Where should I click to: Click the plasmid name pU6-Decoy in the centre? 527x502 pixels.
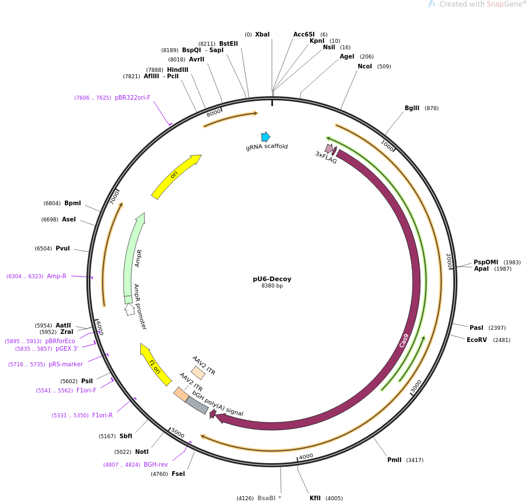click(272, 279)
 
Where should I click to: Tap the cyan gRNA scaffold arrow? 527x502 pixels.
click(266, 137)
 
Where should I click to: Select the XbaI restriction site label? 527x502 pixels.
click(262, 35)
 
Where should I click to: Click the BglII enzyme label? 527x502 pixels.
click(412, 108)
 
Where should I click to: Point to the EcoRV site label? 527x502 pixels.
click(478, 340)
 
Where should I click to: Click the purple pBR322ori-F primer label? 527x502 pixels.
click(132, 98)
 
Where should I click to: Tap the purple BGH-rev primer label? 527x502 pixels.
click(155, 465)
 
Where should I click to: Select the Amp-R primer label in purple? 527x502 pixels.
click(56, 277)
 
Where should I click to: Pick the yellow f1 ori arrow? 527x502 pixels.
click(155, 365)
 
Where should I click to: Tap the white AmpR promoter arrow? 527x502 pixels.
click(130, 309)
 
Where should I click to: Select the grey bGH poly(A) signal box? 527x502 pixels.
click(197, 405)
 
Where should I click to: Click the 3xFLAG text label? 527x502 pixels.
click(326, 157)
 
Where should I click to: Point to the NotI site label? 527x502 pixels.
click(141, 452)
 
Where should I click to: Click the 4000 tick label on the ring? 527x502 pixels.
click(306, 457)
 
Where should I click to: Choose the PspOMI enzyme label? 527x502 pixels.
click(486, 262)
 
